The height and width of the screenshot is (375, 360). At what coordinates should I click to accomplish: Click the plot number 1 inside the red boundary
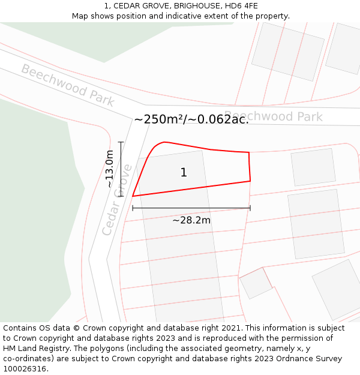coord(184,173)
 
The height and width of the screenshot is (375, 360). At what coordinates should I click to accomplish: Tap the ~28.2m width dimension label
coord(191,220)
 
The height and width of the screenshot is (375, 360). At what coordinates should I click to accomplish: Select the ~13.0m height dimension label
coord(109,169)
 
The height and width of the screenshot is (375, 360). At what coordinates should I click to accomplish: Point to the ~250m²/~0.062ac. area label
coord(191,119)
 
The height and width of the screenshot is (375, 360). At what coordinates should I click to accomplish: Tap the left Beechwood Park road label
coord(68,85)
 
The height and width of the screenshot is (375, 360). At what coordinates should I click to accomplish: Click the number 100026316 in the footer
coord(26,369)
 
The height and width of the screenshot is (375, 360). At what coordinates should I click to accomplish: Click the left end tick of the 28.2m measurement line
coord(133,208)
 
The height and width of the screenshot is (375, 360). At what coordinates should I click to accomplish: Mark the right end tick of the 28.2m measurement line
coord(250,208)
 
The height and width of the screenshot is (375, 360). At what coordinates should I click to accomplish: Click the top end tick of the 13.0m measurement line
coord(121,142)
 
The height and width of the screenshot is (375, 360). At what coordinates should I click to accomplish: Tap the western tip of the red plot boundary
coord(133,196)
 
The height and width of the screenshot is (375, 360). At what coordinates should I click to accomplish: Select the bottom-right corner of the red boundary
coord(250,181)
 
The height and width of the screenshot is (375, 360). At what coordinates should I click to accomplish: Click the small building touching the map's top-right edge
coord(344,48)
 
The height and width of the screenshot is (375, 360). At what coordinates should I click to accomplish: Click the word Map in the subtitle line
coord(80,16)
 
